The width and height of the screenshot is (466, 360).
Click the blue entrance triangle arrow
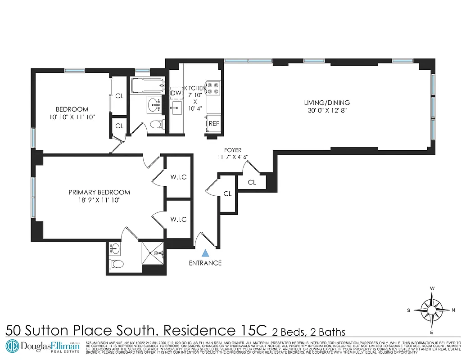pos(205,253)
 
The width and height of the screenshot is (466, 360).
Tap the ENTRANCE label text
pos(205,263)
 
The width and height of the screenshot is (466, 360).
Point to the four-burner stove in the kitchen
pos(212,88)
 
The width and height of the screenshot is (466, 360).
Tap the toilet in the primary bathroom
pos(114,264)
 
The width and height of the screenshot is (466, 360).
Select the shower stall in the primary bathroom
pos(154,254)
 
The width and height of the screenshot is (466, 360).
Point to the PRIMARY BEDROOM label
pos(100,192)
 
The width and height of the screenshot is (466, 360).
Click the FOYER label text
pos(233,150)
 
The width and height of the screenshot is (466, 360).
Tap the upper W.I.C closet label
pos(178,177)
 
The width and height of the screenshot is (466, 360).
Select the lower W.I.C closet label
pos(178,219)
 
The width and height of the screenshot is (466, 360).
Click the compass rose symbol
pos(432,310)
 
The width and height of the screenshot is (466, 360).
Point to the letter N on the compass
pos(453,310)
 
